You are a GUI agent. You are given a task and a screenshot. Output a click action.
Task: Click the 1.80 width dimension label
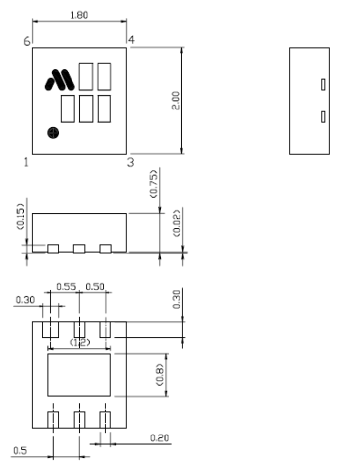(79, 15)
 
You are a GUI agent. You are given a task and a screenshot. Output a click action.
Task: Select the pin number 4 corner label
(131, 39)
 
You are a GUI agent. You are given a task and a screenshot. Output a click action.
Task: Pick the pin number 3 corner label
(130, 162)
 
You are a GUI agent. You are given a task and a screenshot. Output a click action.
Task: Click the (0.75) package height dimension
(153, 184)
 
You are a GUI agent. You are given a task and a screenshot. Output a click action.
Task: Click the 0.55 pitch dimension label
(66, 286)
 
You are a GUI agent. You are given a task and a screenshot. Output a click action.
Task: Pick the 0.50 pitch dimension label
(95, 286)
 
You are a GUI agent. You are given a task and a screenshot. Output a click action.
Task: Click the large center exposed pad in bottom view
(79, 374)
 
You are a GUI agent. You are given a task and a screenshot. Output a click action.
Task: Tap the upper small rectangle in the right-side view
(323, 84)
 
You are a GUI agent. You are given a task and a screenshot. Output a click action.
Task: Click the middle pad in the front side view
(79, 249)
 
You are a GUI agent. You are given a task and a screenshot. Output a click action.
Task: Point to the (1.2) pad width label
(79, 342)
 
